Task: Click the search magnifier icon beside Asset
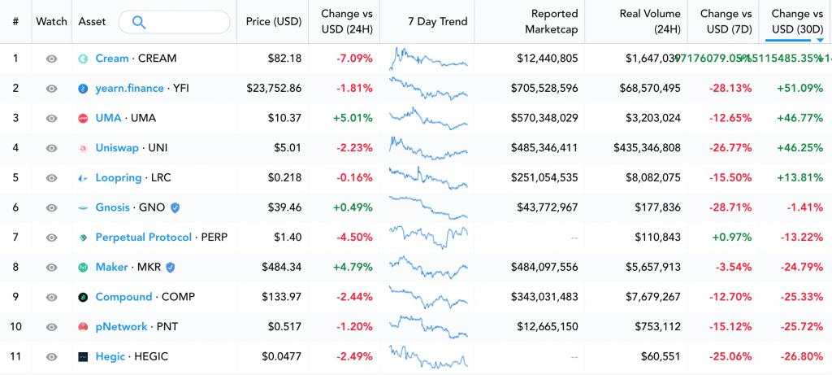point(138,22)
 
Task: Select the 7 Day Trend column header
point(436,22)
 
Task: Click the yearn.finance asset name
point(129,88)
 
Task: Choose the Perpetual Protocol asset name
point(143,238)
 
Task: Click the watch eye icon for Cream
point(52,59)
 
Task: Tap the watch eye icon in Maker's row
point(52,267)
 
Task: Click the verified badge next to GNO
point(175,207)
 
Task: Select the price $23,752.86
point(273,88)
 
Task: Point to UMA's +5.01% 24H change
point(353,118)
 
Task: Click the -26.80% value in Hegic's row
point(800,356)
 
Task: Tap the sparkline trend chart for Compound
point(428,296)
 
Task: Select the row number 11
point(15,356)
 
